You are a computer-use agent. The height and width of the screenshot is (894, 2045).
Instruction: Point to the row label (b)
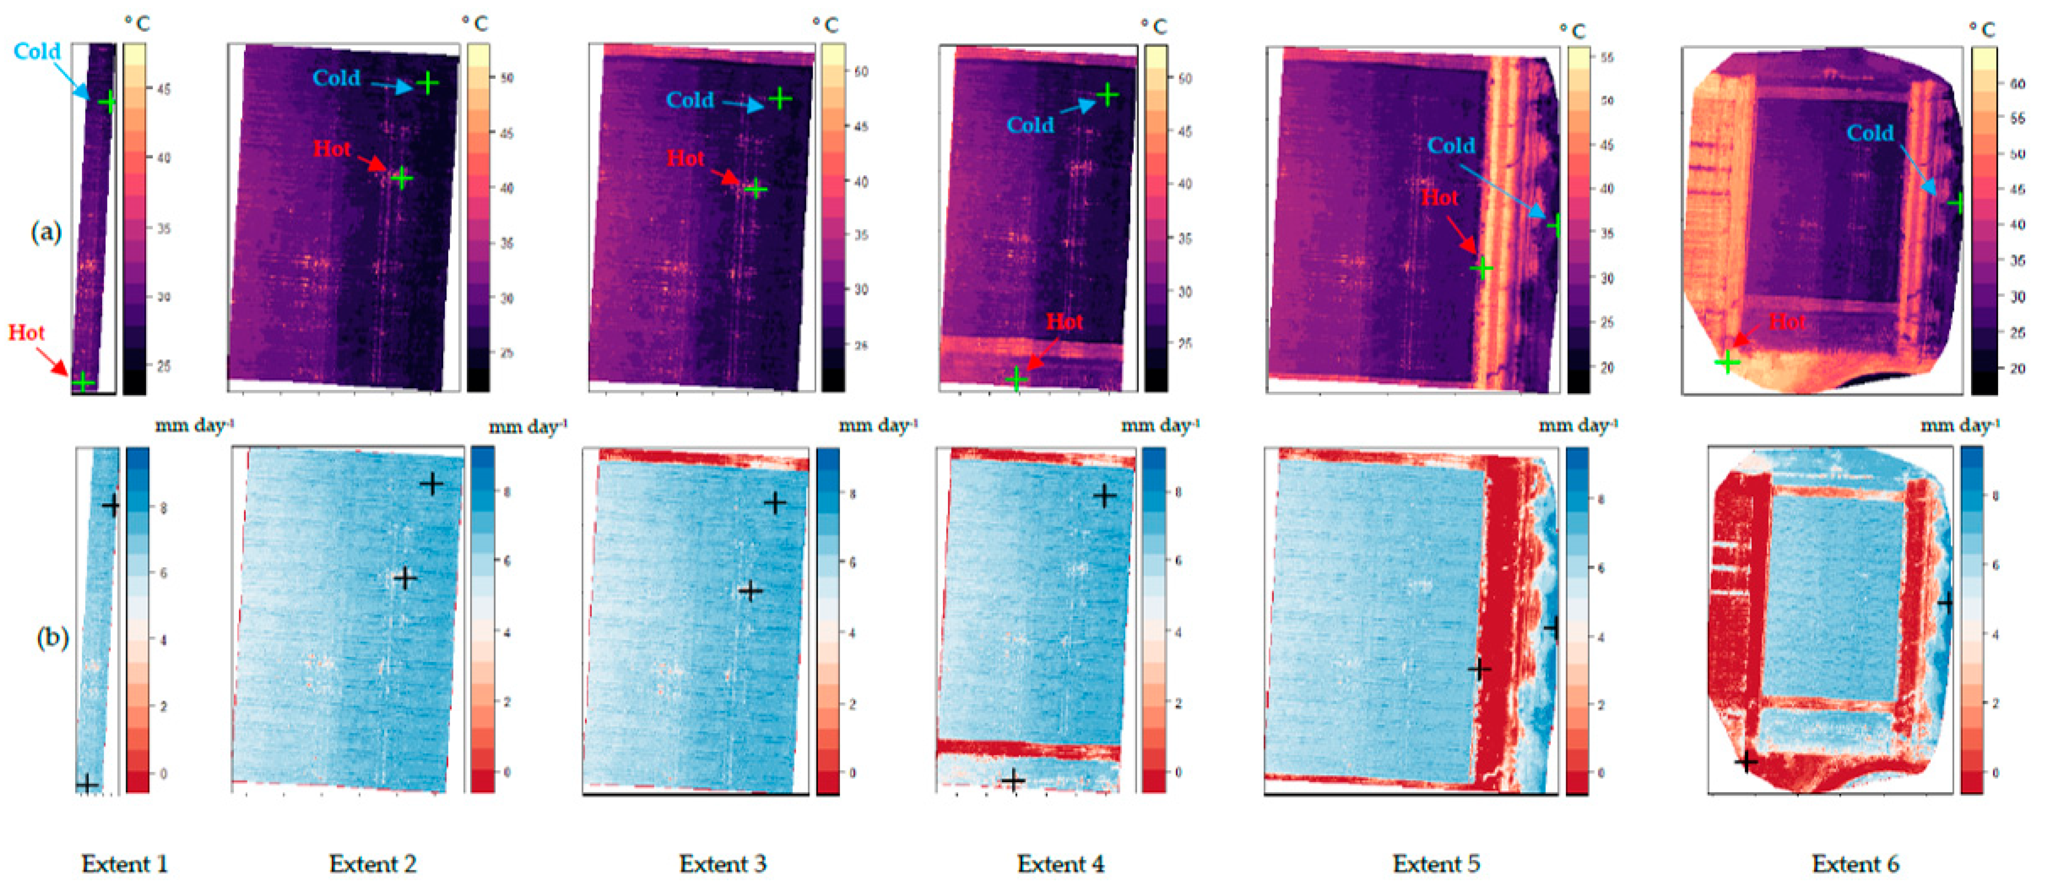(x=52, y=638)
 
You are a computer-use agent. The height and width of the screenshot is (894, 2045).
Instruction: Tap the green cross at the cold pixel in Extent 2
(x=428, y=82)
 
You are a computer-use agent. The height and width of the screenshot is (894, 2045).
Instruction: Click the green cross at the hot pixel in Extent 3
(x=756, y=189)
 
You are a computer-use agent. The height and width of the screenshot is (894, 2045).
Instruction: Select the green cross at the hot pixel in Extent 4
(x=1016, y=380)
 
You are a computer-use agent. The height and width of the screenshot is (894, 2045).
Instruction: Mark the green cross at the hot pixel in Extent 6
(x=1727, y=363)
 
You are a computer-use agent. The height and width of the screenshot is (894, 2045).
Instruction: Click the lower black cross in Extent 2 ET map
(x=405, y=578)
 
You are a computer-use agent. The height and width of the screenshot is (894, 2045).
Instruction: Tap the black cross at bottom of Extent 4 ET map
(x=1012, y=780)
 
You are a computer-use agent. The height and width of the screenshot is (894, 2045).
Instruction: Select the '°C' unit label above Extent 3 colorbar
(x=825, y=25)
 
